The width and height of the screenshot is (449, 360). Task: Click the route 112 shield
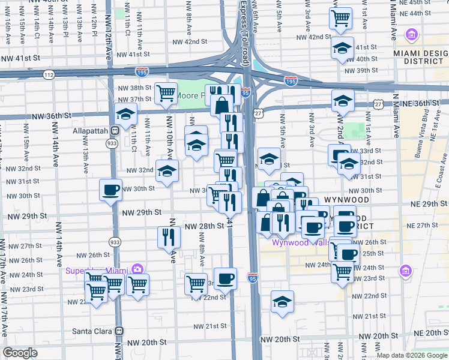coord(48,74)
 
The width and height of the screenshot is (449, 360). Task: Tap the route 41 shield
coord(229,223)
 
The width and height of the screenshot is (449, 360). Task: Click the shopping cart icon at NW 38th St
coord(166,93)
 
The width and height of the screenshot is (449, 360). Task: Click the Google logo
coord(20,353)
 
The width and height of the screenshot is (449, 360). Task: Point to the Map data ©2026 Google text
coord(412,355)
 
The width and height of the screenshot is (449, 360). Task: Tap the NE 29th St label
coord(427,205)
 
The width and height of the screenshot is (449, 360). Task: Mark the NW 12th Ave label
coord(109,36)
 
